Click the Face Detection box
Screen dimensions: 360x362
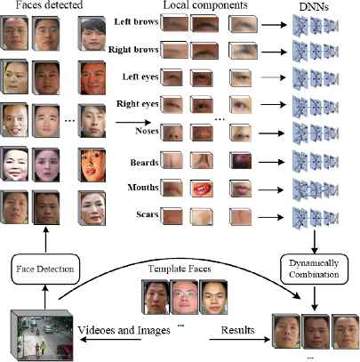coord(45,269)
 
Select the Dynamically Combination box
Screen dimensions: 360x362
coord(314,269)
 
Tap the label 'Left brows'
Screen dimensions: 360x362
coord(136,21)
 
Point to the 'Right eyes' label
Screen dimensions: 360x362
coord(138,104)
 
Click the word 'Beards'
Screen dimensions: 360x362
coord(144,163)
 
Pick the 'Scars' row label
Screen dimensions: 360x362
coord(148,214)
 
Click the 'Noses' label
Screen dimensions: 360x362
coord(147,131)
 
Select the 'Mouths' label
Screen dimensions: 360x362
coord(143,188)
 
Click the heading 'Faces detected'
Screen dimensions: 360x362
coord(49,4)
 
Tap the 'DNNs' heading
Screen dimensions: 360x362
coord(314,7)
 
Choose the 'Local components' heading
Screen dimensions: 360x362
coord(205,4)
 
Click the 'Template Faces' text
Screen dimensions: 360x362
coord(180,269)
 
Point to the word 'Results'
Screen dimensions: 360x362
coord(238,330)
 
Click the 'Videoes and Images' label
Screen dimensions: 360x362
coord(124,330)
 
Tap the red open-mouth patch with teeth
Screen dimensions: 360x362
coord(203,189)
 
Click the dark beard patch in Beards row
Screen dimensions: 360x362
coord(241,160)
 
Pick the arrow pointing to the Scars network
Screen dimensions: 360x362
coord(270,217)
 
